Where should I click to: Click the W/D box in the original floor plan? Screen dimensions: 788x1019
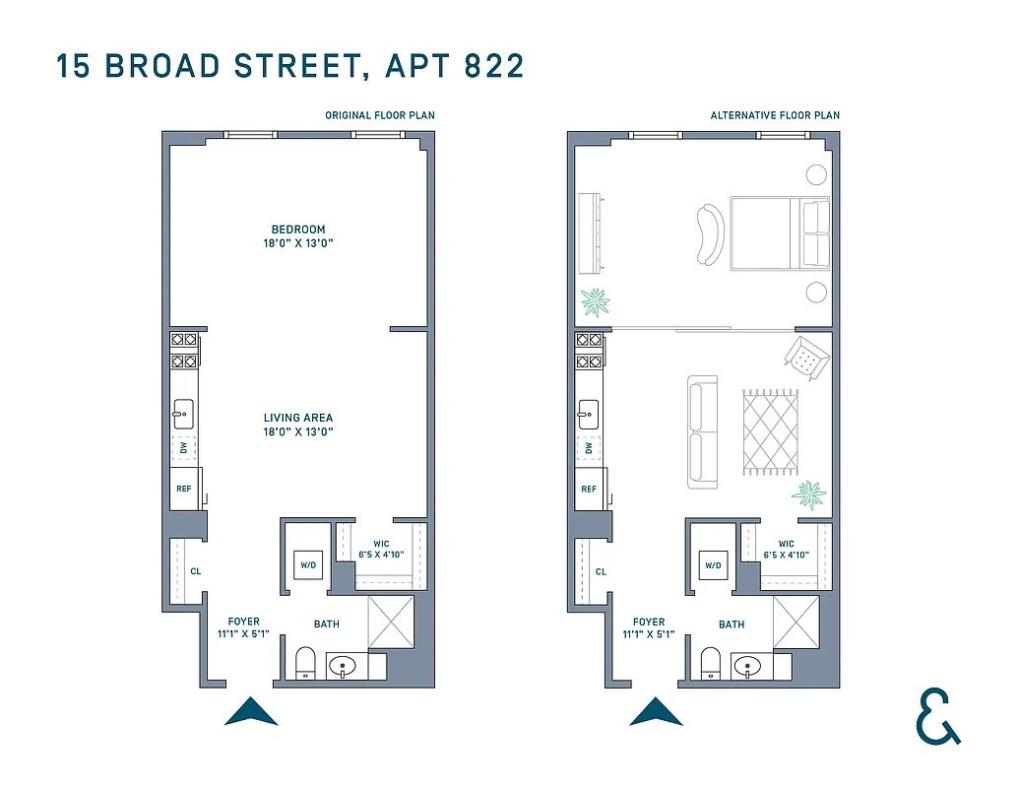(307, 565)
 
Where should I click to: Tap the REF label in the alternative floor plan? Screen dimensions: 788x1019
(589, 490)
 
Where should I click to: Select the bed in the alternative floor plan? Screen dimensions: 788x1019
(779, 233)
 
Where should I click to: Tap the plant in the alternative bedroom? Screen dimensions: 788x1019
(595, 301)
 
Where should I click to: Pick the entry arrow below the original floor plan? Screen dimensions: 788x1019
(251, 712)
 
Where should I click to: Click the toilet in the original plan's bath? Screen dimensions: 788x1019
(305, 663)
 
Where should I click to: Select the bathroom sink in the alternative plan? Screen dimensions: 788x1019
(749, 668)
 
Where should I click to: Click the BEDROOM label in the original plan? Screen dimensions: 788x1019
(298, 236)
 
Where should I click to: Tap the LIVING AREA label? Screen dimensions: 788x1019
(298, 425)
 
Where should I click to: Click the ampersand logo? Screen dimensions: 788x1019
(937, 716)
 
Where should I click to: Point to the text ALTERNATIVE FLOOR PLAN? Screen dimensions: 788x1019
(775, 115)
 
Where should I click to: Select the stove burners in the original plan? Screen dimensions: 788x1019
(184, 350)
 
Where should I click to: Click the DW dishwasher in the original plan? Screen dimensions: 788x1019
(184, 448)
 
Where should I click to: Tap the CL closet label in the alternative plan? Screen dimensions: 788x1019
(601, 571)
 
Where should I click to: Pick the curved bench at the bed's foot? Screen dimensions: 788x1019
(710, 234)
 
